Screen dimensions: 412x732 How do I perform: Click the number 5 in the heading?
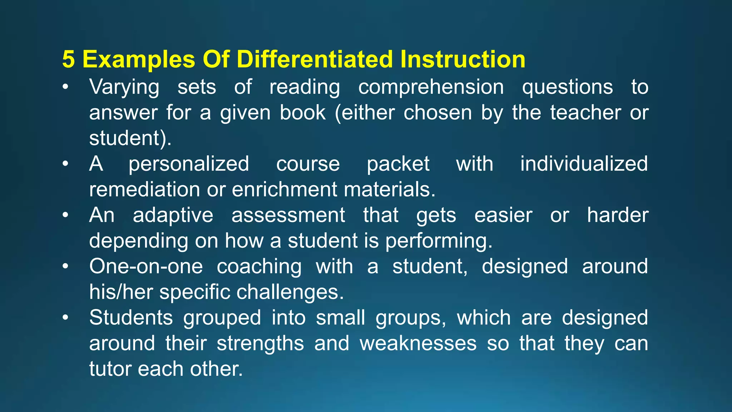[x=69, y=59]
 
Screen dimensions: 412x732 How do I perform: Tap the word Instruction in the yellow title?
[x=463, y=59]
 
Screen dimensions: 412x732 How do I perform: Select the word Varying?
[x=124, y=88]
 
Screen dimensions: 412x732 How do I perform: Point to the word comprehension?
[x=431, y=88]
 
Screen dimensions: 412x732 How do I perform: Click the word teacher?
[x=585, y=113]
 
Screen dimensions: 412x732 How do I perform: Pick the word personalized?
[x=189, y=164]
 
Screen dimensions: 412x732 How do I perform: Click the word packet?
[x=398, y=164]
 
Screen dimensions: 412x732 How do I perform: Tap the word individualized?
[x=584, y=164]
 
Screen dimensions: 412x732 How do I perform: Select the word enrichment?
[x=284, y=190]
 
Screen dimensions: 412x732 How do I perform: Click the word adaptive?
[x=173, y=216]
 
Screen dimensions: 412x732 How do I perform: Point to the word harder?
[x=618, y=216]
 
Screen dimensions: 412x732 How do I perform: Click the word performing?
[x=439, y=241]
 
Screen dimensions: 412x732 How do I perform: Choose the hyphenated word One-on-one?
[x=146, y=267]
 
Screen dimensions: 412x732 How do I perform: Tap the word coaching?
[x=259, y=267]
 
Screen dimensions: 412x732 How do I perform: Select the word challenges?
[x=290, y=292]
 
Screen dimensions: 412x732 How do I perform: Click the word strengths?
[x=260, y=344]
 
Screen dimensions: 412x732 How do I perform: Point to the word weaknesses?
[x=418, y=344]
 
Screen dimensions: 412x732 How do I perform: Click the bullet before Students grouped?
[x=65, y=318]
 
